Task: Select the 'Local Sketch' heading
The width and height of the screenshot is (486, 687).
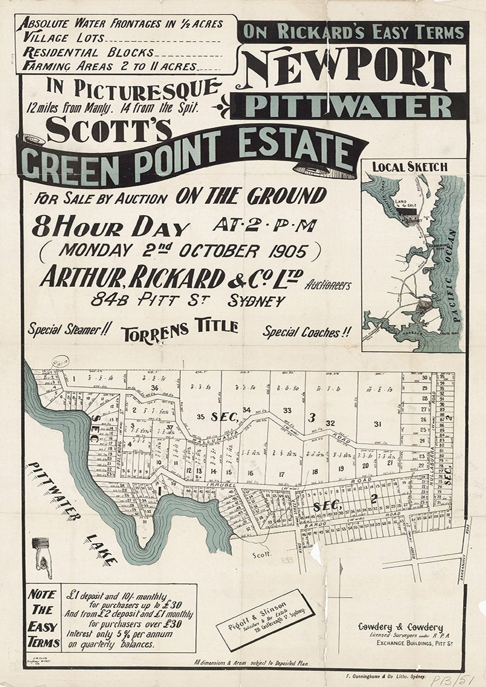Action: tap(410, 167)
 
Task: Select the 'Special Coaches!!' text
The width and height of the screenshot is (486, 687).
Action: tap(307, 331)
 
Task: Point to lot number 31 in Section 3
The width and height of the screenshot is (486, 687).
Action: tap(377, 424)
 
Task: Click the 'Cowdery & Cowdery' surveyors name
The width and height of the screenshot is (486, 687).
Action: tap(400, 627)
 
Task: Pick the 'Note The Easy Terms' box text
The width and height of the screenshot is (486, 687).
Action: tap(44, 618)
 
